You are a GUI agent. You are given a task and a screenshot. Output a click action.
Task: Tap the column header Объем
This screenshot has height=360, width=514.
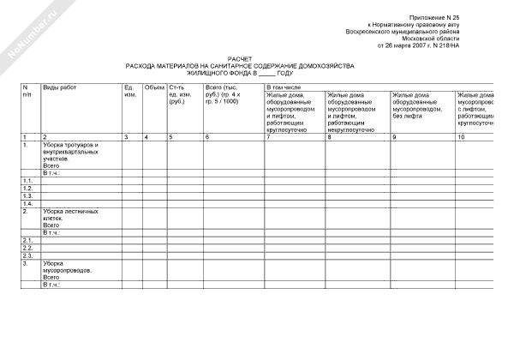tap(154, 87)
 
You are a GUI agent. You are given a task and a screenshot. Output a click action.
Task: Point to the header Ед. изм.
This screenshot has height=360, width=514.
tap(130, 91)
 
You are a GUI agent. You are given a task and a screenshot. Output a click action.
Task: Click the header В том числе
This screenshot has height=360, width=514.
tap(284, 87)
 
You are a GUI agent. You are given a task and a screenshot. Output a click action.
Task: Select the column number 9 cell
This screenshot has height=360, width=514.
tap(393, 137)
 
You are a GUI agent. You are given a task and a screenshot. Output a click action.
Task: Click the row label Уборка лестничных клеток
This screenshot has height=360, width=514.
tap(70, 213)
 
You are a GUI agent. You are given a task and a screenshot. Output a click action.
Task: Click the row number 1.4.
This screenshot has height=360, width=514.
tap(28, 203)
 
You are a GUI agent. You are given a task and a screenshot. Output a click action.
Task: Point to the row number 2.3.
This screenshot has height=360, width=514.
tap(28, 255)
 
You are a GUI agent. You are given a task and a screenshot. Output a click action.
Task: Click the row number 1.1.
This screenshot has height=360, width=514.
tap(28, 180)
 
